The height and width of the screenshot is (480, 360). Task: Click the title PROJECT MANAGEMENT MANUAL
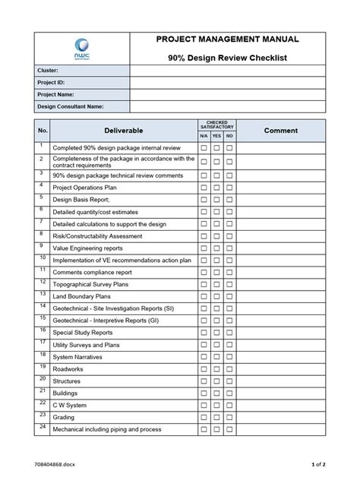[227, 39]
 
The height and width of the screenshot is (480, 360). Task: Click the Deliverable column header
[124, 131]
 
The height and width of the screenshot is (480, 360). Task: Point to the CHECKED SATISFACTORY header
[216, 125]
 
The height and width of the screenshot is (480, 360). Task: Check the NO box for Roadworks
[229, 368]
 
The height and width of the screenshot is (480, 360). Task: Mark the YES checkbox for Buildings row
[216, 393]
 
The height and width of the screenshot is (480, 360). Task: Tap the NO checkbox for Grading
[229, 417]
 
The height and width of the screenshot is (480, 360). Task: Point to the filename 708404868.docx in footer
[55, 463]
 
